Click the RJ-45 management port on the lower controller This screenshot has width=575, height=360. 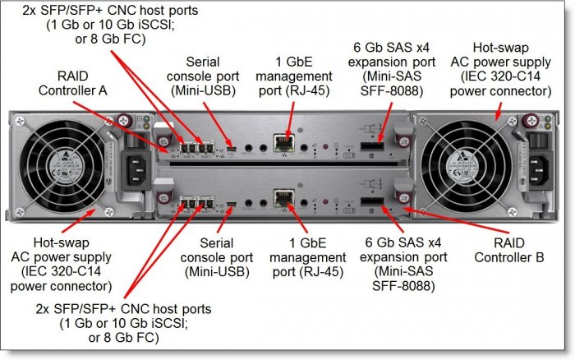283,198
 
